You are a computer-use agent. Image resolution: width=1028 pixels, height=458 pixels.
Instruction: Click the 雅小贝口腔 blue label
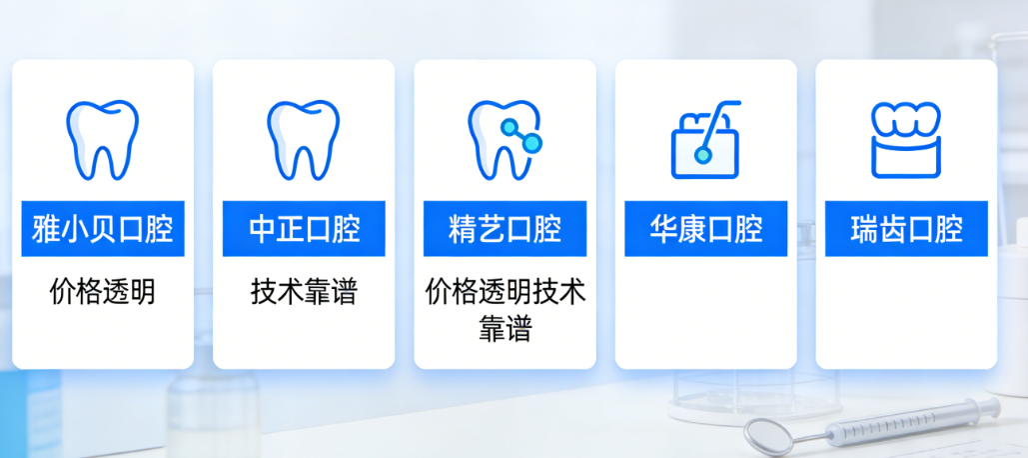tap(103, 230)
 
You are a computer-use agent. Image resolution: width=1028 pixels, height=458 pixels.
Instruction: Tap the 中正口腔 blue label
tap(305, 230)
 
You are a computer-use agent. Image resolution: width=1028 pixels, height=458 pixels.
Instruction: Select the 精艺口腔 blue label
tap(505, 230)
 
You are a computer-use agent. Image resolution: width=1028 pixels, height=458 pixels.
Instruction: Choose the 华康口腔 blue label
tap(706, 230)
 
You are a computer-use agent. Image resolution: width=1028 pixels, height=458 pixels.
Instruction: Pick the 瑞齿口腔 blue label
tap(906, 230)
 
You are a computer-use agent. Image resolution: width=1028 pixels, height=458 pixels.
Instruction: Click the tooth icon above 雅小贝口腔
tap(102, 139)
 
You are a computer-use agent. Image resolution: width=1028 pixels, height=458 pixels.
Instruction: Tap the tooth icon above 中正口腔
tap(303, 139)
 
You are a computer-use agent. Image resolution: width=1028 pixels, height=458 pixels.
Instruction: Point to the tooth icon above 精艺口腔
tap(505, 139)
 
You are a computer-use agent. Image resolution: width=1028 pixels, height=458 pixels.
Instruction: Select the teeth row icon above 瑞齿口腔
tap(906, 139)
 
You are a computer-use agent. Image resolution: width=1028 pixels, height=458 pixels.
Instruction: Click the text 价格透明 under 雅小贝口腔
tap(103, 292)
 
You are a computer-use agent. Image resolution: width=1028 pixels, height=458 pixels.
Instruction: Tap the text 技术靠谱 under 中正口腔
tap(304, 292)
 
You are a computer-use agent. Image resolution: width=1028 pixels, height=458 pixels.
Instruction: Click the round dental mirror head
tap(767, 435)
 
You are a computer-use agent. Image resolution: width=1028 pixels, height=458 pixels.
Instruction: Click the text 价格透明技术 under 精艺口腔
tap(506, 292)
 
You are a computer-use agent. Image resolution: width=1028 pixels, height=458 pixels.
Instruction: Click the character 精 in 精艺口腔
tap(464, 230)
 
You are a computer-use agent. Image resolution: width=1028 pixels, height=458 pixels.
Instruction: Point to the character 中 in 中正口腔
tap(263, 230)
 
